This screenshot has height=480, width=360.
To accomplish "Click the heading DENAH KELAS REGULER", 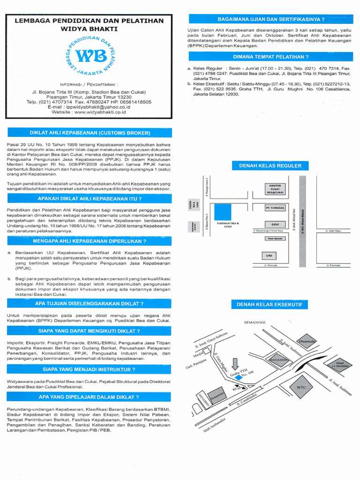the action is tap(270, 166).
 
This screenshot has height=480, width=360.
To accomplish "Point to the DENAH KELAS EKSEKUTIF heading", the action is tap(270, 305).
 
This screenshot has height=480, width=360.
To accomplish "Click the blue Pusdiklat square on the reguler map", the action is tap(223, 212).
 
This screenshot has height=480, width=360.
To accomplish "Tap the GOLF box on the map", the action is tap(274, 224).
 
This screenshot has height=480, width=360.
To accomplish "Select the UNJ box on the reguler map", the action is tap(269, 255).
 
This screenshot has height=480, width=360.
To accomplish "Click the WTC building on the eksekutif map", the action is tap(301, 388).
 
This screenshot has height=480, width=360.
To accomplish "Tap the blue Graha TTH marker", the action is tap(239, 376).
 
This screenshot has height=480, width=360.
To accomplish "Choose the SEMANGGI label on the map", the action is tap(255, 322).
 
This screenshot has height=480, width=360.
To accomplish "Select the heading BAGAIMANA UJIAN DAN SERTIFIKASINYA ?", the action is tap(271, 19).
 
